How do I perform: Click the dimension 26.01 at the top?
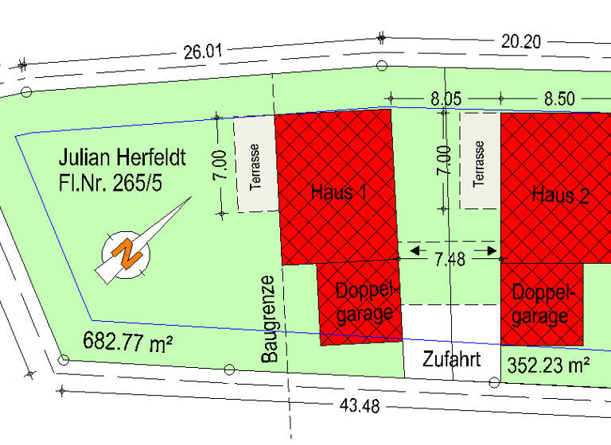[x=203, y=52]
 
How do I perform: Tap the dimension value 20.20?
[x=521, y=41]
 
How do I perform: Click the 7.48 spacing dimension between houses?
[x=450, y=263]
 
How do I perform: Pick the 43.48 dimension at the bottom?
[x=360, y=406]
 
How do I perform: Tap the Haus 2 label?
[x=560, y=195]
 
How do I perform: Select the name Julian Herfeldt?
[x=121, y=157]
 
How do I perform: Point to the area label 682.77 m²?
[x=128, y=342]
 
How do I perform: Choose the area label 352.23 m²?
[x=548, y=364]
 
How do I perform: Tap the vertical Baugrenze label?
[x=269, y=319]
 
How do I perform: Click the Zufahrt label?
[x=451, y=359]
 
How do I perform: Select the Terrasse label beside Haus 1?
[x=255, y=167]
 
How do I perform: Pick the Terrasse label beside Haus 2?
[x=479, y=163]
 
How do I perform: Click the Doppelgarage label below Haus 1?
[x=365, y=301]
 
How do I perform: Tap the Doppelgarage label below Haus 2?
[x=541, y=304]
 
